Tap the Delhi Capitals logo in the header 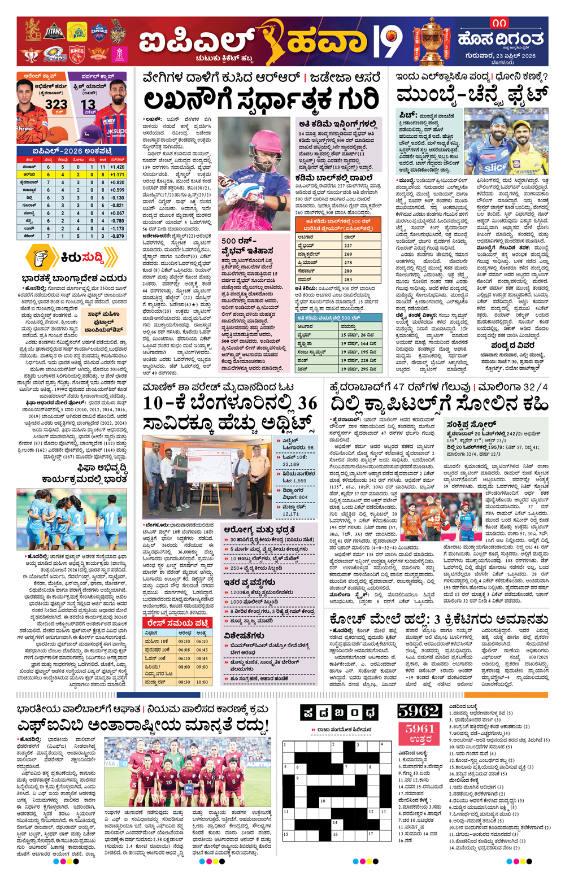tap(99, 31)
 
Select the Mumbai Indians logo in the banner tap(55, 55)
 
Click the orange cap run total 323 tap(56, 105)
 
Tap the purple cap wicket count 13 tap(88, 105)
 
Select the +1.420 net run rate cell tap(117, 167)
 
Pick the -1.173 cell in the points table tap(117, 229)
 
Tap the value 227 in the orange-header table tap(348, 246)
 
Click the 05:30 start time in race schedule tap(184, 642)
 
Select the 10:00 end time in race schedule tap(202, 682)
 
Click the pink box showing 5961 tap(419, 733)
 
